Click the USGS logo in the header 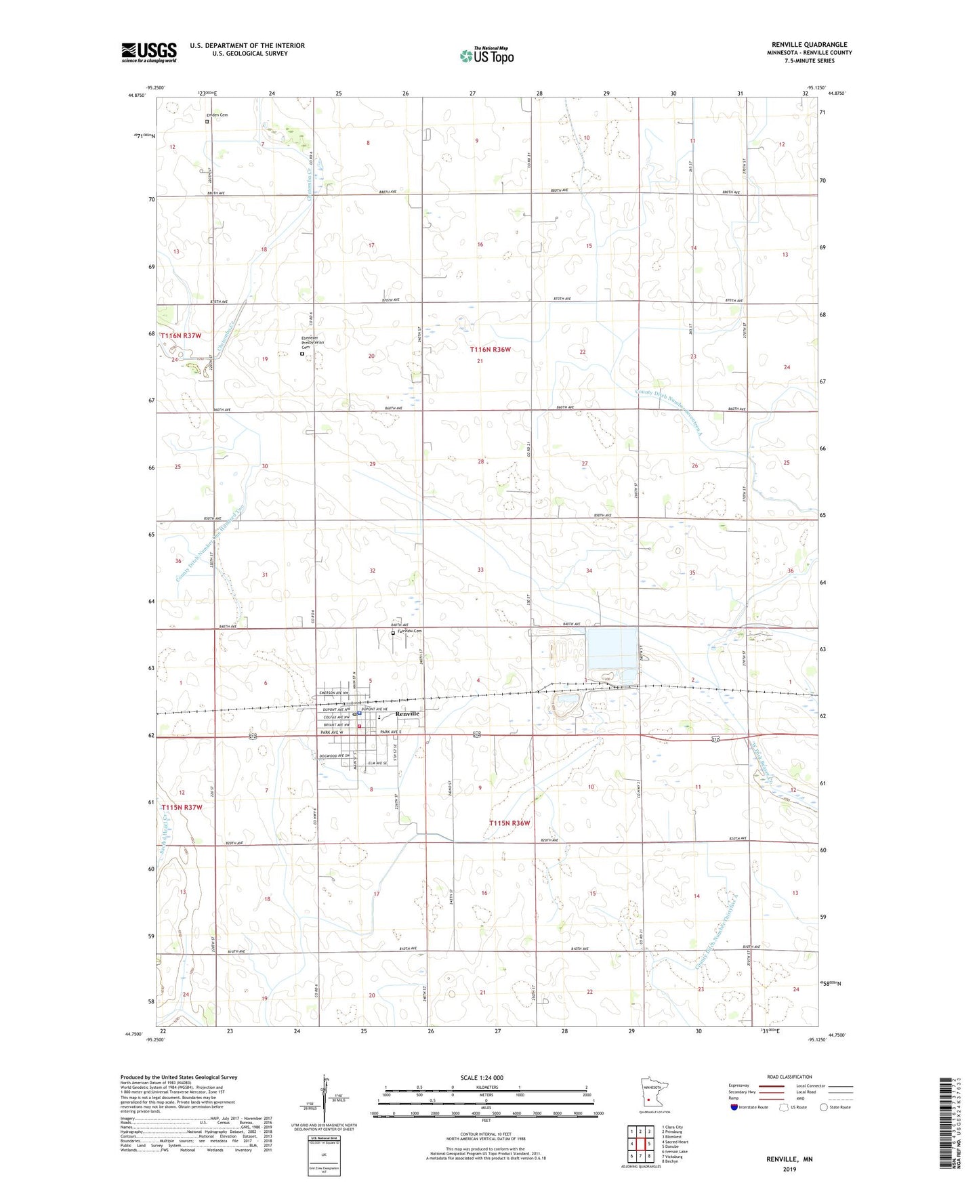(x=149, y=52)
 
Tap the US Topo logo (x=486, y=56)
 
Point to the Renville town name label (x=408, y=713)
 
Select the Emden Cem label (x=217, y=115)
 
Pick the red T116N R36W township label (x=490, y=350)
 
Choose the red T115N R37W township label (x=182, y=807)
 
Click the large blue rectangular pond (x=612, y=648)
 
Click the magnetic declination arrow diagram (x=327, y=1099)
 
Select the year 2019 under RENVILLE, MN (x=789, y=1169)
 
